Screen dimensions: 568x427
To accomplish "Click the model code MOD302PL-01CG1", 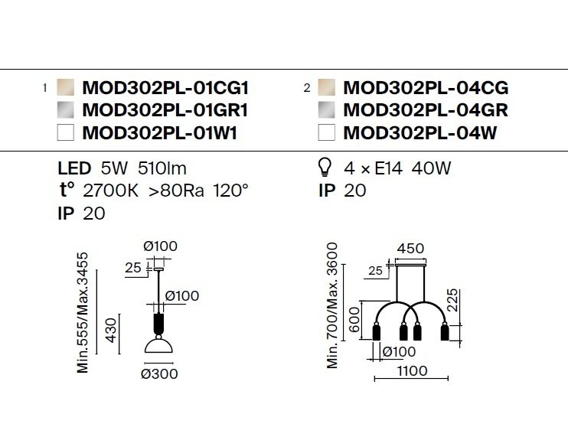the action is [x=165, y=88].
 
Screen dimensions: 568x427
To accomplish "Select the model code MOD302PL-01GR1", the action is [x=165, y=110].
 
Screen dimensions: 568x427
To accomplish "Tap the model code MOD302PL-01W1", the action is [x=160, y=133].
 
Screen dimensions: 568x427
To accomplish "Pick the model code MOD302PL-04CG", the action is [x=426, y=88].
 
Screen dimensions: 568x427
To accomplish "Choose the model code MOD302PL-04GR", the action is [x=426, y=110].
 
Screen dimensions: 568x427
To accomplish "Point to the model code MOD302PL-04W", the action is [x=419, y=133].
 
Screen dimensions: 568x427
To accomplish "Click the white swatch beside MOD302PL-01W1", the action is [x=66, y=132].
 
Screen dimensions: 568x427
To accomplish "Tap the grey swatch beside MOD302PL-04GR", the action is [x=326, y=110].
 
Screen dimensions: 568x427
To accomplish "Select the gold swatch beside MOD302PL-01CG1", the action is [x=66, y=87].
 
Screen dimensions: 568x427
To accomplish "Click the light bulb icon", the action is [x=325, y=168].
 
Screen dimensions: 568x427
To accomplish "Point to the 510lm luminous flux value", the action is [x=162, y=168].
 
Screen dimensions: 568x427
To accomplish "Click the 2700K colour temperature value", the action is [x=110, y=191].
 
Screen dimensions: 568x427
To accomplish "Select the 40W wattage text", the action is [x=431, y=168].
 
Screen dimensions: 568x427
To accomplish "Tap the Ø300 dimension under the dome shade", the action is [x=159, y=373].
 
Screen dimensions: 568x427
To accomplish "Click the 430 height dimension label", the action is [x=111, y=330].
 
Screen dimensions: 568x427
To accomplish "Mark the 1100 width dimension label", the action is [x=413, y=371].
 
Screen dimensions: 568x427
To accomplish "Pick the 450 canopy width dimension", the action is [x=410, y=249].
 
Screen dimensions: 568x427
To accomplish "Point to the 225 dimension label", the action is [x=452, y=300].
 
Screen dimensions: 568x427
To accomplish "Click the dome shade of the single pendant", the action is [x=158, y=345].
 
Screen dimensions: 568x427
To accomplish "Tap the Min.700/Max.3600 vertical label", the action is [x=331, y=305].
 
